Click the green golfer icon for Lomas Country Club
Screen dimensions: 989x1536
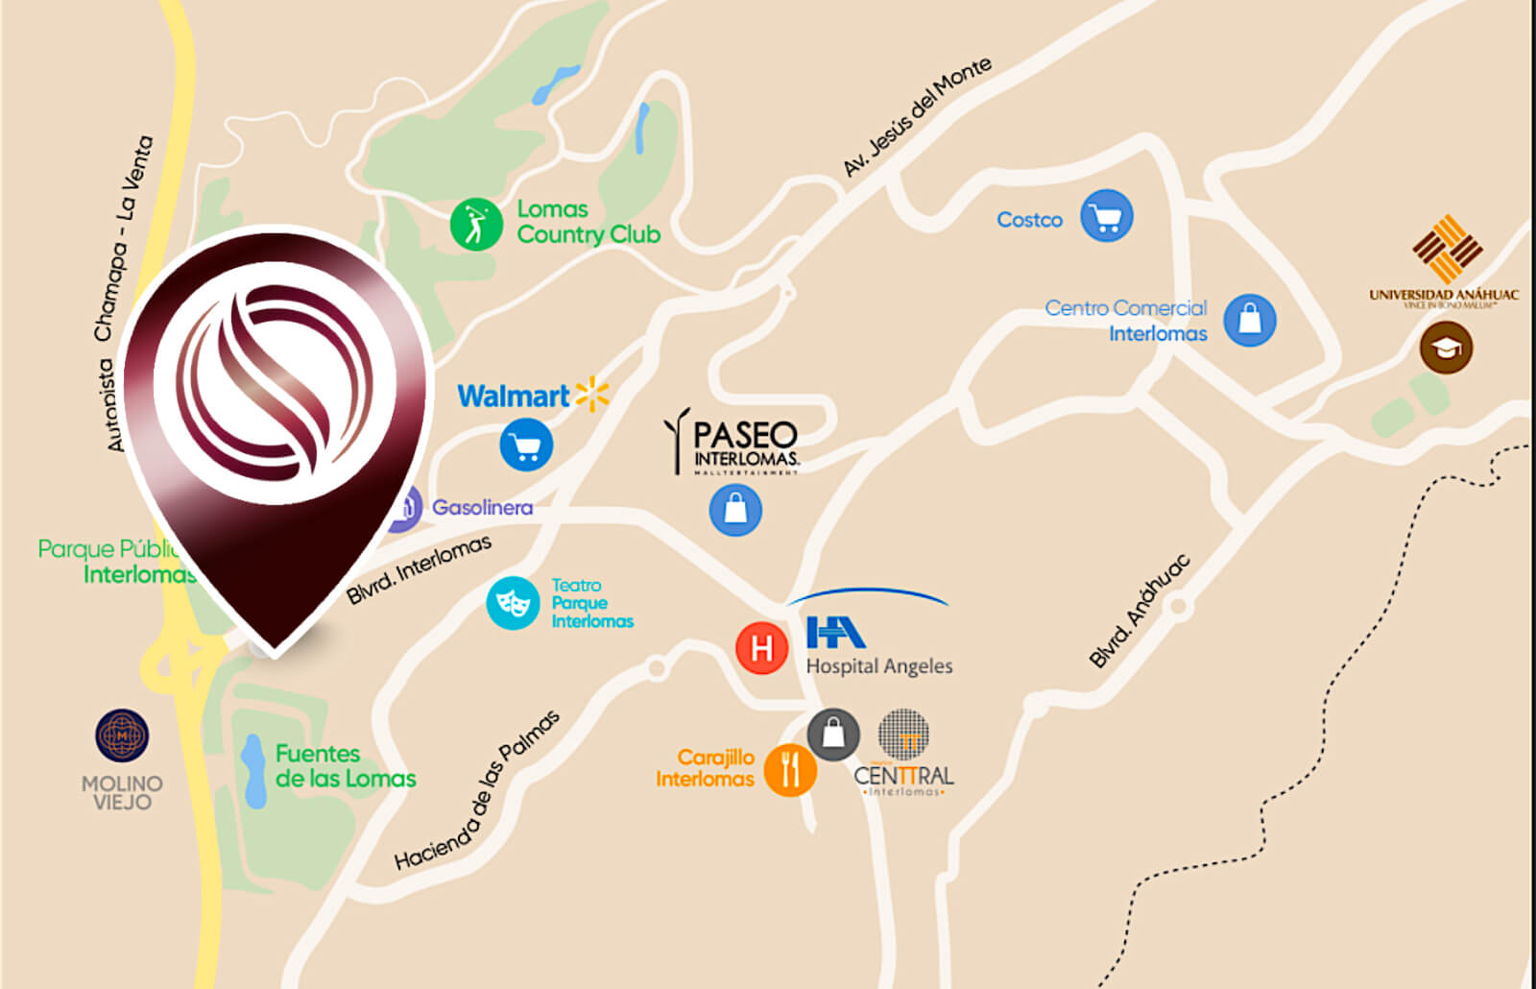[476, 224]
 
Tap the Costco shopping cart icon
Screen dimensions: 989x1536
[1106, 216]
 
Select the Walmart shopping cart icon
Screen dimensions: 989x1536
[526, 446]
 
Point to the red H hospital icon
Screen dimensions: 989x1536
[761, 648]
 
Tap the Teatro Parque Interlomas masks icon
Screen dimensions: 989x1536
[513, 603]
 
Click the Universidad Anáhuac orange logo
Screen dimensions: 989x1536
[1447, 249]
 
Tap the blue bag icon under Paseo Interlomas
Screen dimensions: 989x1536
[735, 510]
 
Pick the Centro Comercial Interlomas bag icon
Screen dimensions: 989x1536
[1249, 320]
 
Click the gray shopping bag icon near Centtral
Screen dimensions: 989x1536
[833, 735]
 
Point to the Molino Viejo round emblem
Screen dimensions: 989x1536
[122, 736]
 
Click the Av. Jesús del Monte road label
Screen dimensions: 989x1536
[917, 117]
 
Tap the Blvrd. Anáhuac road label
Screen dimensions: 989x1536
[1140, 611]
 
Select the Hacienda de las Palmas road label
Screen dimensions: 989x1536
[477, 790]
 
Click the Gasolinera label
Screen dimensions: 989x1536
[482, 507]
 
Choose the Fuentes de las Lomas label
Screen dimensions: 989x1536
[345, 766]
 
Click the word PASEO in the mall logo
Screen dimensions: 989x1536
[745, 435]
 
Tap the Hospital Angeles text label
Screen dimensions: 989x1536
[878, 665]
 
